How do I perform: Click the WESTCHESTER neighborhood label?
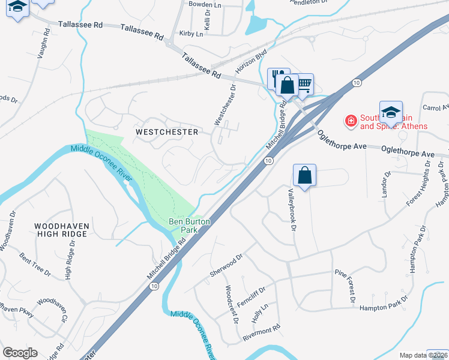pos(158,131)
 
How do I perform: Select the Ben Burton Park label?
pos(189,226)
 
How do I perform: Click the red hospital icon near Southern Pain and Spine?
pos(350,122)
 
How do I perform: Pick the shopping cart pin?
pos(304,84)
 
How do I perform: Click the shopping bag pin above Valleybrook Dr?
pos(304,175)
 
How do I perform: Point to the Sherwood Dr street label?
pos(225,264)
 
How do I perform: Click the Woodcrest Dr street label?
pos(231,304)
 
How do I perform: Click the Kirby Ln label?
pos(191,34)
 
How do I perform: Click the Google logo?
pos(20,353)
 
